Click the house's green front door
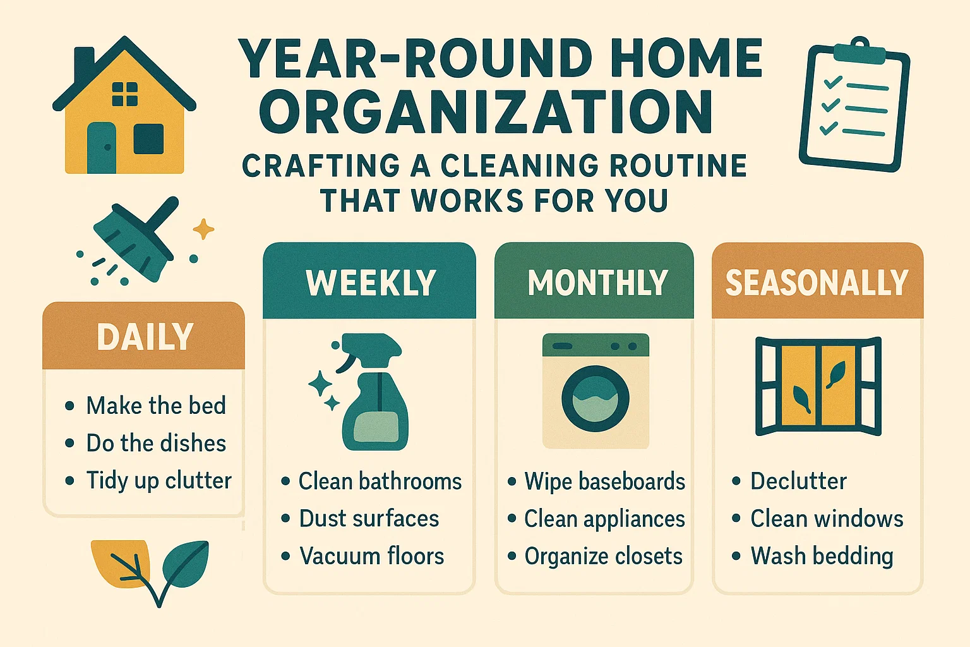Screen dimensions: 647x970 [x=102, y=148]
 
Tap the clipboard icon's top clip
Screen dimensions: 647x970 [x=860, y=51]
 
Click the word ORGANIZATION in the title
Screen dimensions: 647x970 [x=486, y=112]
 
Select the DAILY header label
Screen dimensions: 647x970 [x=145, y=337]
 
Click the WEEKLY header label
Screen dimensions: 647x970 [x=371, y=282]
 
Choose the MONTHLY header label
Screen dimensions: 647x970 [x=597, y=282]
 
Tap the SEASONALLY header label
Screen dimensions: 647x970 [x=817, y=282]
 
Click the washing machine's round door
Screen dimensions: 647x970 [x=596, y=399]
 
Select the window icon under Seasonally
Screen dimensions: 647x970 [x=818, y=386]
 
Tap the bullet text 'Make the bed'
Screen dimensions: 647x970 [x=156, y=406]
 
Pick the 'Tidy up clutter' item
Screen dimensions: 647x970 [x=159, y=481]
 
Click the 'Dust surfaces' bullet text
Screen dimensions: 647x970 [x=369, y=519]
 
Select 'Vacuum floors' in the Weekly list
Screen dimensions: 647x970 [x=371, y=556]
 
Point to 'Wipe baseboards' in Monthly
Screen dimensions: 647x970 [x=604, y=481]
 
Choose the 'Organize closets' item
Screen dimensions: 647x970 [x=603, y=556]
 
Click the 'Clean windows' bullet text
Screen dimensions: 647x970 [x=827, y=519]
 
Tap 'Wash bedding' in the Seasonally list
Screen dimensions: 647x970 [x=822, y=556]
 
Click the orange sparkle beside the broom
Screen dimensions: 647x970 [x=203, y=229]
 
